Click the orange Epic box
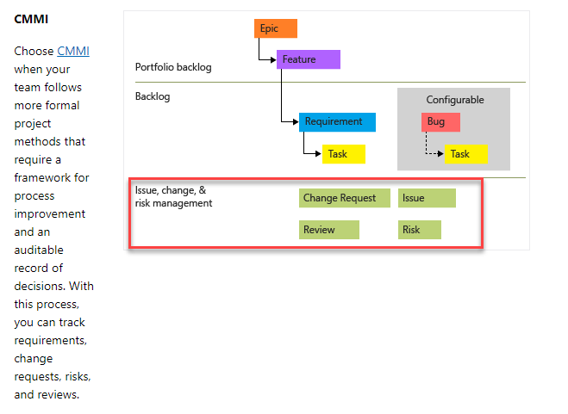tap(276, 28)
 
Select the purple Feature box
tap(309, 59)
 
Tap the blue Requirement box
tap(337, 122)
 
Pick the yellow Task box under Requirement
tap(344, 154)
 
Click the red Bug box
tap(440, 122)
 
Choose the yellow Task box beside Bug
tap(466, 154)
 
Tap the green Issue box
tap(427, 198)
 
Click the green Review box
tap(329, 230)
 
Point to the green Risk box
tap(420, 230)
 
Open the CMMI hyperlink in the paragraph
tap(73, 51)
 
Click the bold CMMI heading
tap(31, 18)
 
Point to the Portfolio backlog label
tap(173, 67)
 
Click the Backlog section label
tap(153, 96)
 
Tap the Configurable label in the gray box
tap(455, 100)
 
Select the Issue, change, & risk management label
tap(172, 196)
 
